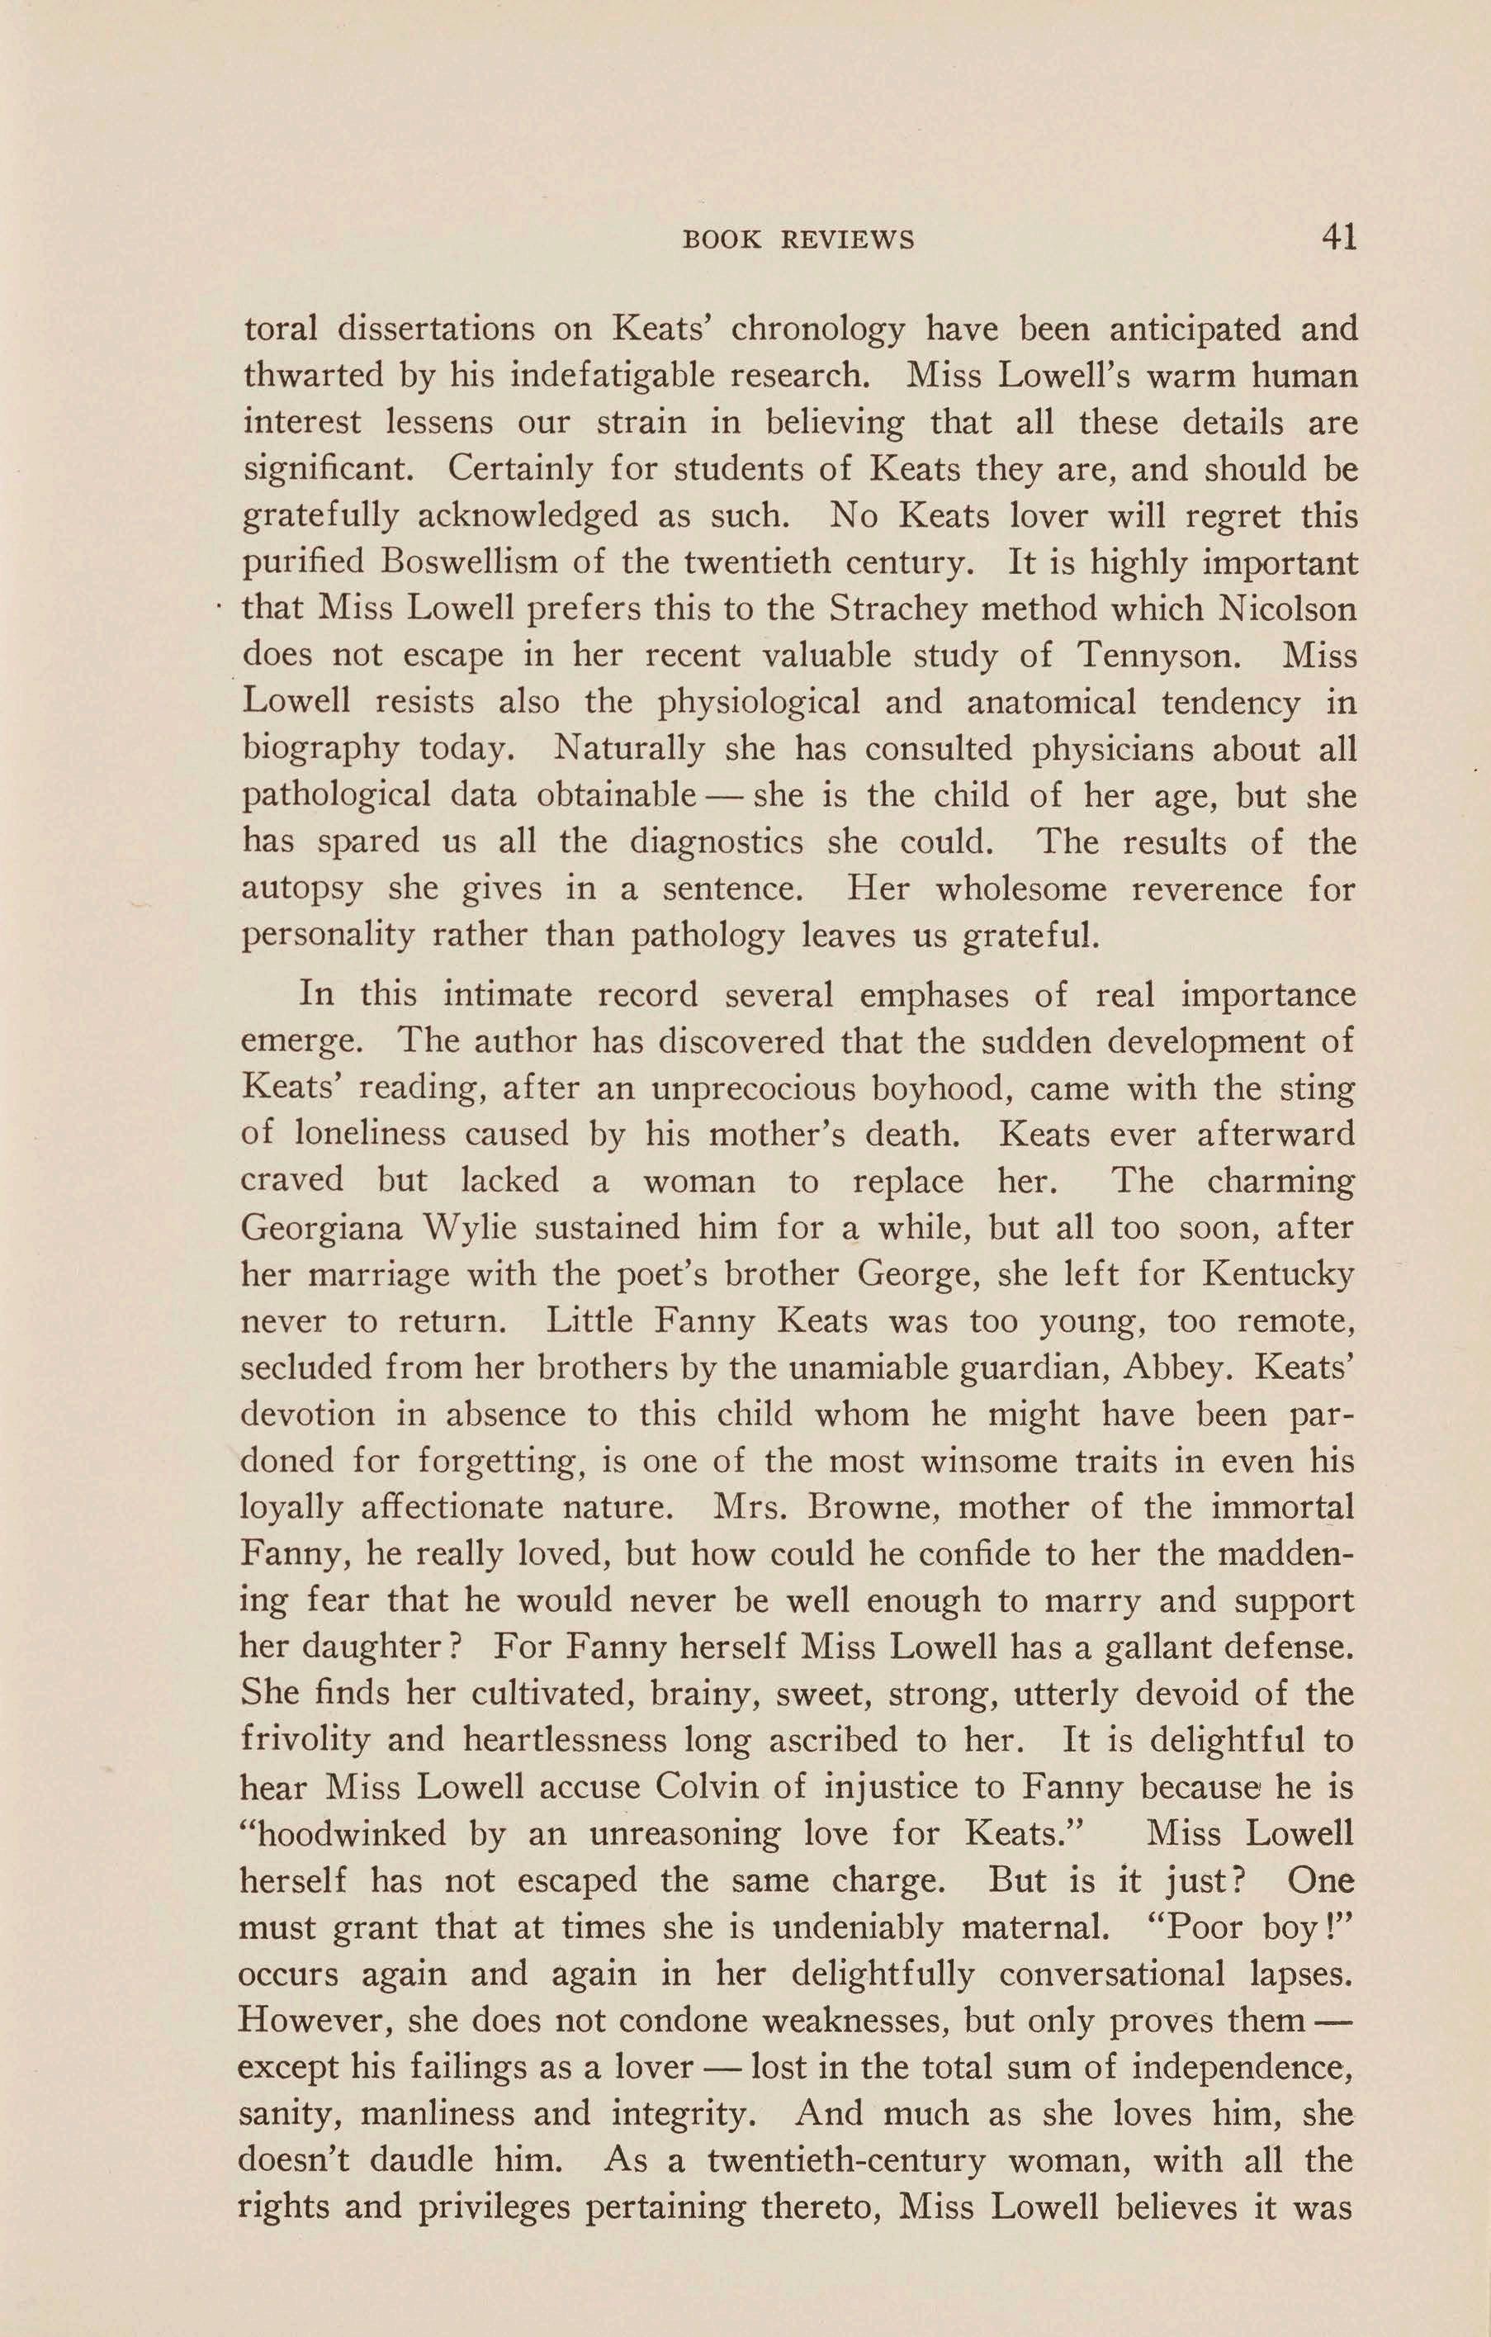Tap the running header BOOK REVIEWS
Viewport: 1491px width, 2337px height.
798,239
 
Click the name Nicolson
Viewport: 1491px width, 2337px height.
1286,609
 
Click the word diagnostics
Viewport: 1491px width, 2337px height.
717,842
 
